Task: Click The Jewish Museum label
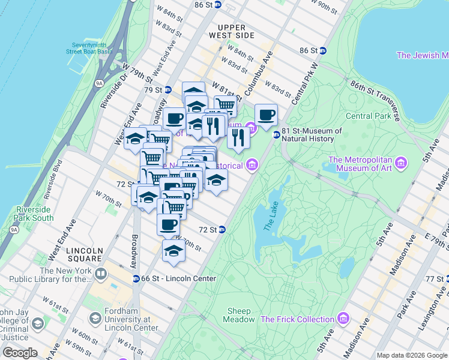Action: [x=422, y=55]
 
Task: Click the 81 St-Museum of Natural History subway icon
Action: [x=276, y=135]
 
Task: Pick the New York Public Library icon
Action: [x=101, y=275]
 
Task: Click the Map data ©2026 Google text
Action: [x=412, y=355]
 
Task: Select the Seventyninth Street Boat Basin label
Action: [x=92, y=49]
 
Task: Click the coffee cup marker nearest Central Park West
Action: [x=267, y=115]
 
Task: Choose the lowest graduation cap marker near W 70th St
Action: [x=173, y=250]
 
